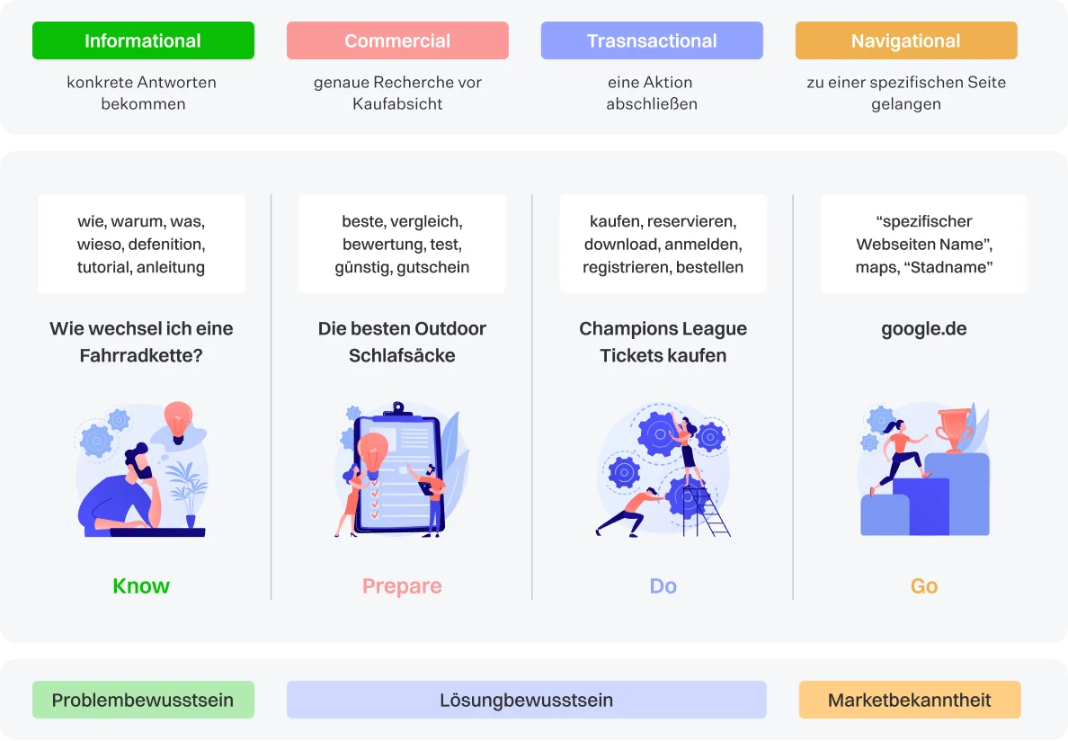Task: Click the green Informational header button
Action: (143, 40)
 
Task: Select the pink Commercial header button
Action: (397, 40)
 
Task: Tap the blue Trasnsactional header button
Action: (652, 40)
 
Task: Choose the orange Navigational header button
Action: (906, 40)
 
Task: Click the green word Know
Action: (141, 586)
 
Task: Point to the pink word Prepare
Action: (402, 586)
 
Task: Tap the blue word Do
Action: (663, 586)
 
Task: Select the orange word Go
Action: (924, 586)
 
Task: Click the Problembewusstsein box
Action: (143, 700)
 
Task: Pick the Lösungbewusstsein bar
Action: (526, 700)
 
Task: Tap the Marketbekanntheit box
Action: (910, 700)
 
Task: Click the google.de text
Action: (924, 328)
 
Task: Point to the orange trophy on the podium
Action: (952, 428)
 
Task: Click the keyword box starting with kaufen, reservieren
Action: (663, 244)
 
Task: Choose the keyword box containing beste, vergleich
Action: (402, 244)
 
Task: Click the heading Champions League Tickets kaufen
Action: (663, 342)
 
